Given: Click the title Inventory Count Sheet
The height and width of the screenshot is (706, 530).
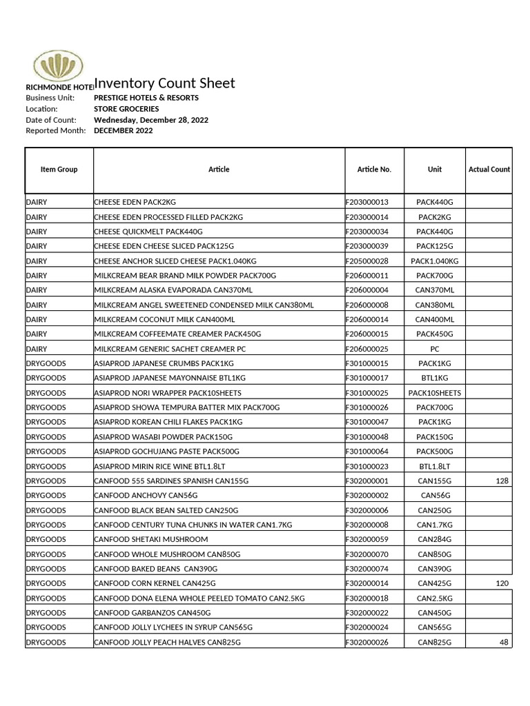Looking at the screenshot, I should [x=164, y=83].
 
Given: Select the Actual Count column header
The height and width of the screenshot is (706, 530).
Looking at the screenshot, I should [x=489, y=170].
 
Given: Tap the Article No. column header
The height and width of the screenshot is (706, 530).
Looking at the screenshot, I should [x=374, y=170].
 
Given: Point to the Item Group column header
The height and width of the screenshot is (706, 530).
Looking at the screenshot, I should [x=59, y=170].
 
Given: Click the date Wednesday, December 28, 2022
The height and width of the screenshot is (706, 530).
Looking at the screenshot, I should [x=151, y=120].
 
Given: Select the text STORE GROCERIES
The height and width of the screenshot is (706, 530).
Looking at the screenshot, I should [x=126, y=109].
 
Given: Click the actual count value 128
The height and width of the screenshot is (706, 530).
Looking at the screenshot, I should [x=501, y=481].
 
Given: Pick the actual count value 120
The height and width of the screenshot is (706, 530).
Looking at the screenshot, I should [x=501, y=584].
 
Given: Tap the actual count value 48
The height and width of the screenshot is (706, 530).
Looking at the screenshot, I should [x=503, y=643].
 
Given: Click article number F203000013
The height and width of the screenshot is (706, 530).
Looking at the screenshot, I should [x=367, y=202].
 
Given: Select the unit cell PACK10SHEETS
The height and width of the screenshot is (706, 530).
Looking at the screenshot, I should [x=435, y=393].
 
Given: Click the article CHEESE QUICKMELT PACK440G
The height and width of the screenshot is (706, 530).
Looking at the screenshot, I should [x=148, y=232].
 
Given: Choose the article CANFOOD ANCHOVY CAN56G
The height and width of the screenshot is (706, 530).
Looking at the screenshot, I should [x=146, y=496].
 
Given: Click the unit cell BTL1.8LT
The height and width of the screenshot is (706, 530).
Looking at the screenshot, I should [x=435, y=467].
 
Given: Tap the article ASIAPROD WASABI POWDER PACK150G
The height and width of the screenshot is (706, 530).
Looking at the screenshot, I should [x=163, y=437].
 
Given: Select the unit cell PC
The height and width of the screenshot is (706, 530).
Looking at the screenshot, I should [x=435, y=349].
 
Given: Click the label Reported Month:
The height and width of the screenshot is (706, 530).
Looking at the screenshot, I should [x=56, y=131].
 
